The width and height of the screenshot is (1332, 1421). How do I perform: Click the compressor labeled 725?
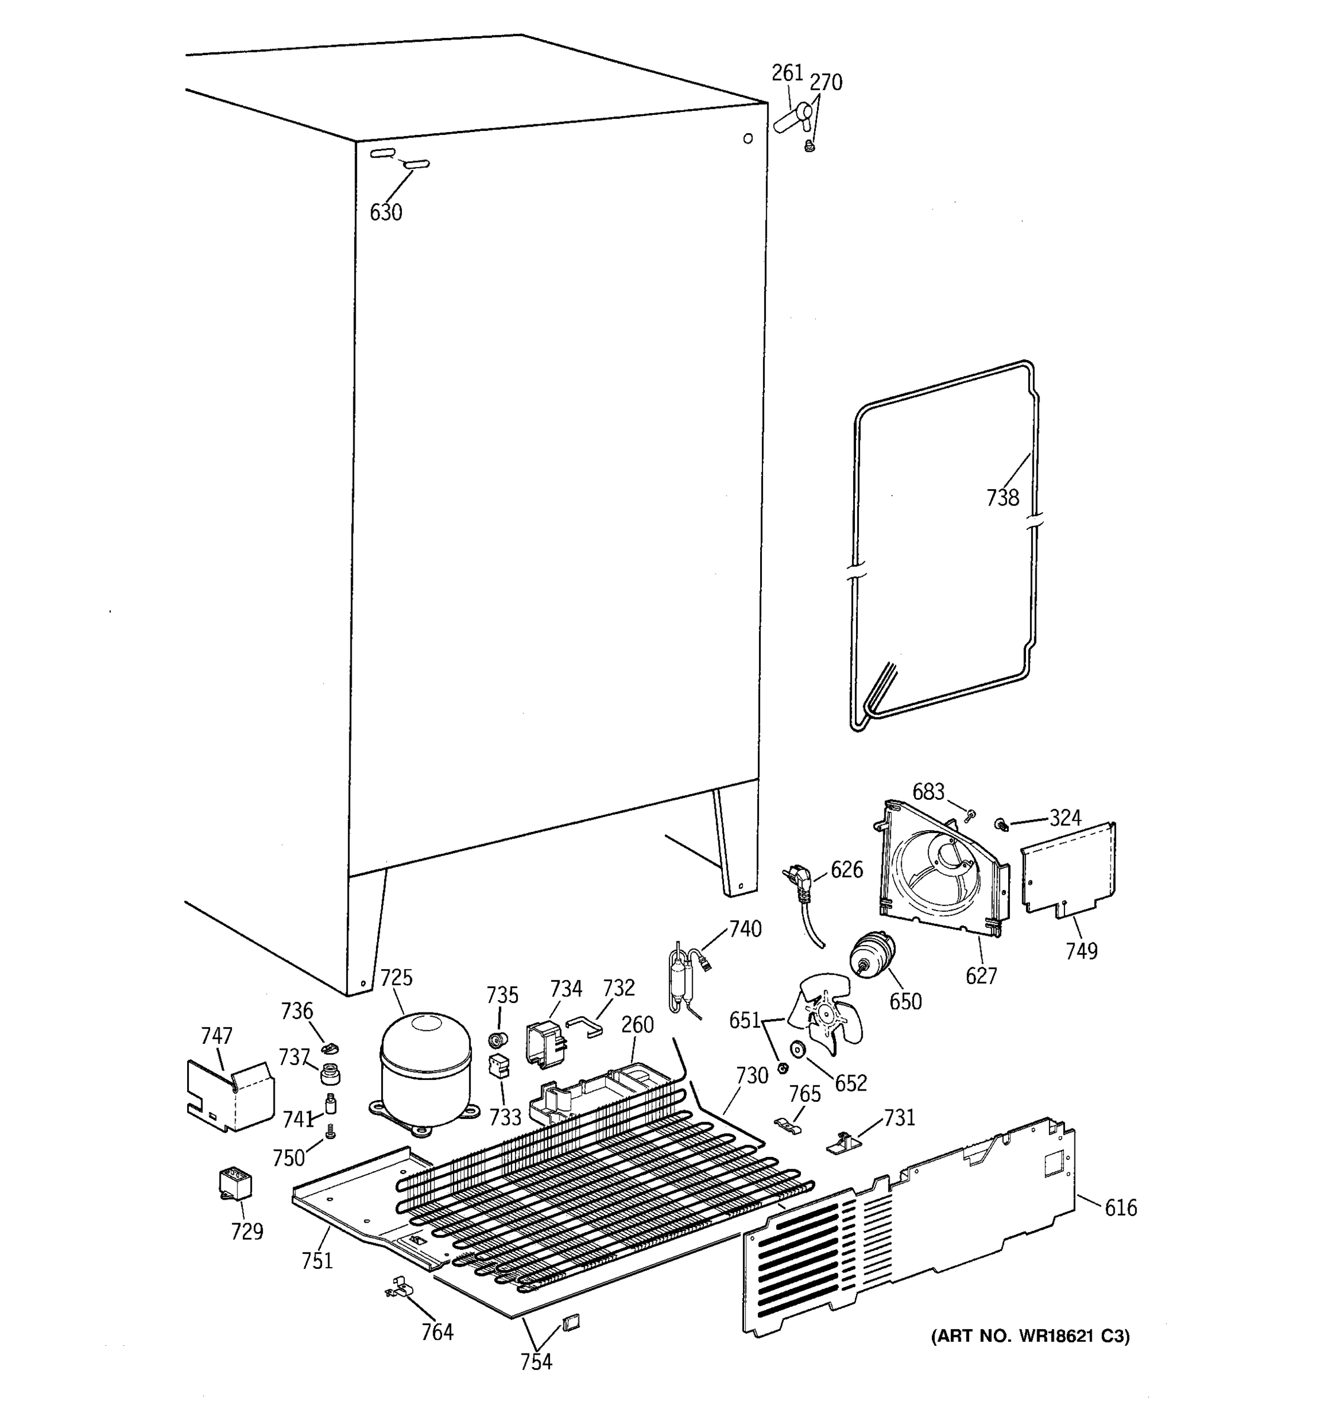[x=426, y=1069]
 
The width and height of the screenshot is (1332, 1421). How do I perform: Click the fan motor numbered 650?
[x=870, y=956]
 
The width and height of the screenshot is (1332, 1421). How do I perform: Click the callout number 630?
[x=386, y=213]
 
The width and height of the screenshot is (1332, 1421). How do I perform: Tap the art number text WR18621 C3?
[x=1029, y=1336]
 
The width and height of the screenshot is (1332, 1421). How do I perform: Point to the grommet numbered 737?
[x=330, y=1072]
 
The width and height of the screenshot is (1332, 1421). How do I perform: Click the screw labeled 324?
[x=1002, y=825]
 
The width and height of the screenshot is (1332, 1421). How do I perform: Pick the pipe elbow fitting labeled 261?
[x=791, y=118]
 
